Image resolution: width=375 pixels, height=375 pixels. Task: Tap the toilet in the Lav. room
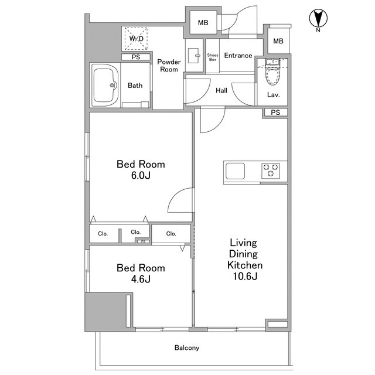tap(272, 72)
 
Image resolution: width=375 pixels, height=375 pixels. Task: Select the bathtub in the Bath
tap(105, 85)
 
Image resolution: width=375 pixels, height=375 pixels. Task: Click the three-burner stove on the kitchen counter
tap(271, 171)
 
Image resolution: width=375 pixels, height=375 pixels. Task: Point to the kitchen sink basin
tap(235, 171)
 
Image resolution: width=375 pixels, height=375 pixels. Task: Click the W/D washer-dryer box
tap(136, 38)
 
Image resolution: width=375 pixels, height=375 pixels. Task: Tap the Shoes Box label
tap(213, 57)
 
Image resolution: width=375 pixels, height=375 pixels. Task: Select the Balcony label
tap(187, 347)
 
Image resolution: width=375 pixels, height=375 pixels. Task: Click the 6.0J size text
tap(141, 176)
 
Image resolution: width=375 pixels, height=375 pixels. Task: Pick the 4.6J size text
tap(141, 279)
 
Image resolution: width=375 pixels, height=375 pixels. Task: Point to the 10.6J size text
tap(245, 276)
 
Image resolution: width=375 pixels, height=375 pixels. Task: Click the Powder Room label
tap(169, 66)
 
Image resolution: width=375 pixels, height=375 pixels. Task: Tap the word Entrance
tap(238, 56)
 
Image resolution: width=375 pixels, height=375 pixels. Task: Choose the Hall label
tap(221, 90)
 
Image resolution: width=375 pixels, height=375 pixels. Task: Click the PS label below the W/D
tap(136, 57)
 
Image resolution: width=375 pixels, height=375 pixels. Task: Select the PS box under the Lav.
tap(275, 112)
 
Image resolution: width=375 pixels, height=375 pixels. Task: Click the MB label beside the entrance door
tap(203, 23)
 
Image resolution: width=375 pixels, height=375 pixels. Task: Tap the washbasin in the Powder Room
tap(193, 56)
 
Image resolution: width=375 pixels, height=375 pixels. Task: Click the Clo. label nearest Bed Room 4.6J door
tap(171, 234)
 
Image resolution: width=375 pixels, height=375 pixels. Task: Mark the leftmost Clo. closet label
tap(103, 234)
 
